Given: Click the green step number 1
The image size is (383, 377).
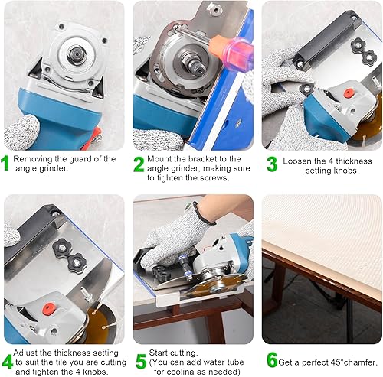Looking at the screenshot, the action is point(5,163).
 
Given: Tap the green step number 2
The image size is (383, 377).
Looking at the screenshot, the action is point(139,164).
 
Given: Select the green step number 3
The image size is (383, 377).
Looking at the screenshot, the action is point(272,164).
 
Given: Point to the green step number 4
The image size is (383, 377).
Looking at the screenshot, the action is point(7,362).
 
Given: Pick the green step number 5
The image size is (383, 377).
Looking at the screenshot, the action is point(141,361).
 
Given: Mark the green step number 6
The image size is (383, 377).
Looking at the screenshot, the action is point(272,359).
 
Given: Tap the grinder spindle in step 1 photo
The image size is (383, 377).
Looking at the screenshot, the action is point(76,54).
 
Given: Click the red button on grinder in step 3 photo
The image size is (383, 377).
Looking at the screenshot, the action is point(348,93).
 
